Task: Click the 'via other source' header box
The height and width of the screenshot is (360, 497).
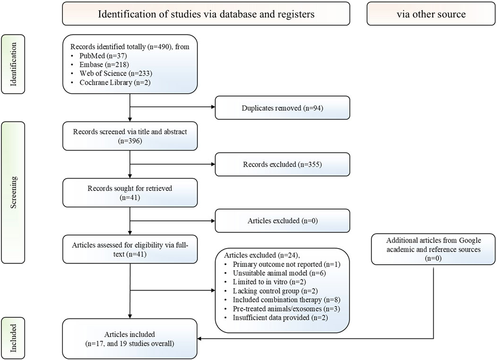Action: (x=431, y=14)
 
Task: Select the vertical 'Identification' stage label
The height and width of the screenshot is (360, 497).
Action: (x=13, y=64)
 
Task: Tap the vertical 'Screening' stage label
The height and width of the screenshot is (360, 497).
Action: (x=13, y=192)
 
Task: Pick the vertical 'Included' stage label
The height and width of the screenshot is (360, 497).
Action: (x=13, y=338)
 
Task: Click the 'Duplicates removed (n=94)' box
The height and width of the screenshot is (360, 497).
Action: (x=283, y=108)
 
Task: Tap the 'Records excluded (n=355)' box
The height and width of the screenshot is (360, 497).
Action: (x=283, y=164)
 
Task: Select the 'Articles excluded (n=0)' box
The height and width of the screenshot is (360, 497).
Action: (x=283, y=221)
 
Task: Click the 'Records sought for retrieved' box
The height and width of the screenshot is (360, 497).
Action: (x=130, y=193)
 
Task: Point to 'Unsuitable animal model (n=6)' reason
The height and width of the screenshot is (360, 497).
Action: (x=279, y=273)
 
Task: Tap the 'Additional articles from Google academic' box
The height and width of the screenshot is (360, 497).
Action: (x=433, y=249)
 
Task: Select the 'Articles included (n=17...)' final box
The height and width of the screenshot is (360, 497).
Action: (x=130, y=339)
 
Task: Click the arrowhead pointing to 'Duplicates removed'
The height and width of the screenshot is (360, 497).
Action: (x=213, y=107)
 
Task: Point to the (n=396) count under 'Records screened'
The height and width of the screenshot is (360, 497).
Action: (x=130, y=141)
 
